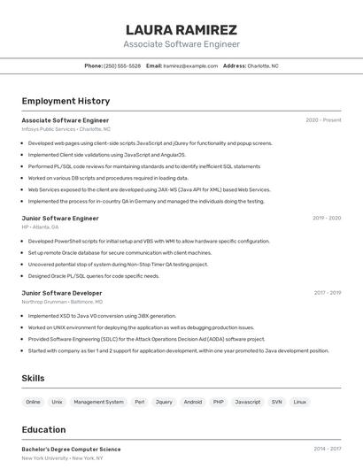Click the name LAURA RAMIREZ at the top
181,29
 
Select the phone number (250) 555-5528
122,65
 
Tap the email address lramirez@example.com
190,65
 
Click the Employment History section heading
66,101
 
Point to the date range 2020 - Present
323,120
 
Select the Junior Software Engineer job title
60,218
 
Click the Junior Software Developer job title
62,293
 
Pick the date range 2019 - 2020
326,218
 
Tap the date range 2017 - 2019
327,293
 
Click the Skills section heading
34,379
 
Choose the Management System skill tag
98,402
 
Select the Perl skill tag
139,402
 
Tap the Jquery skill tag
164,402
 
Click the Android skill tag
192,402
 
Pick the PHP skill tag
218,402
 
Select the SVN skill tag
276,402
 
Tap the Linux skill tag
300,402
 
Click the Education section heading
43,430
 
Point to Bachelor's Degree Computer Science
71,449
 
